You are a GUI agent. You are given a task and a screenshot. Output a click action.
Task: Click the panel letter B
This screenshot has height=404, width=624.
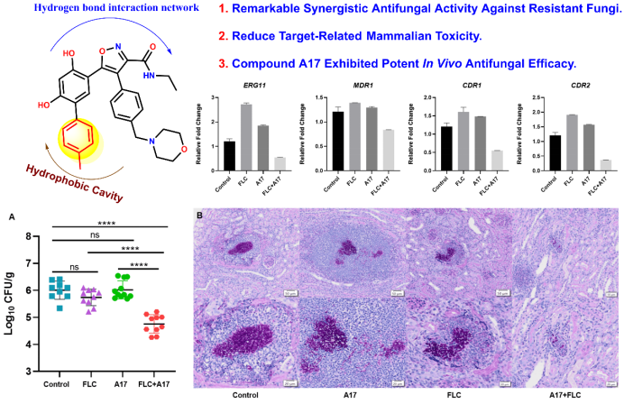(x=199, y=216)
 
